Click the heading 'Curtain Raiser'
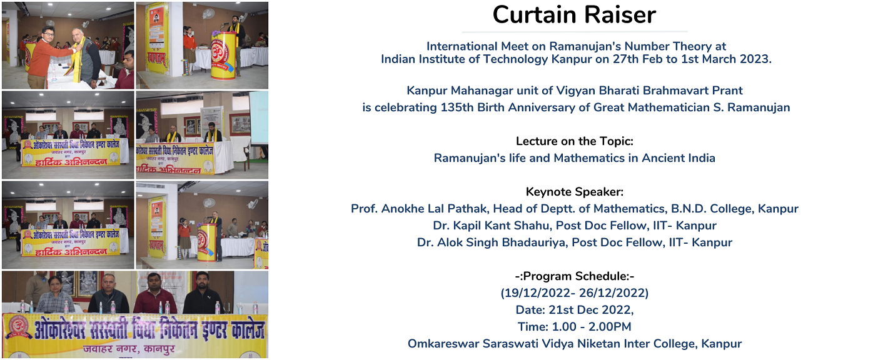coord(574,15)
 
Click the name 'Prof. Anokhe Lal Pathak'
coord(420,209)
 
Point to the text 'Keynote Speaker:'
coord(574,192)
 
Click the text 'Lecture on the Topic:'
coord(574,141)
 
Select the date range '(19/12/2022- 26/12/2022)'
coord(574,293)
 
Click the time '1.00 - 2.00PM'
coord(592,327)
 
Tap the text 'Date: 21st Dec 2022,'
coord(574,310)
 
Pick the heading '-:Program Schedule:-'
coord(574,276)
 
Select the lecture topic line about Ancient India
coord(574,158)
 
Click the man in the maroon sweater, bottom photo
coord(154,294)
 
